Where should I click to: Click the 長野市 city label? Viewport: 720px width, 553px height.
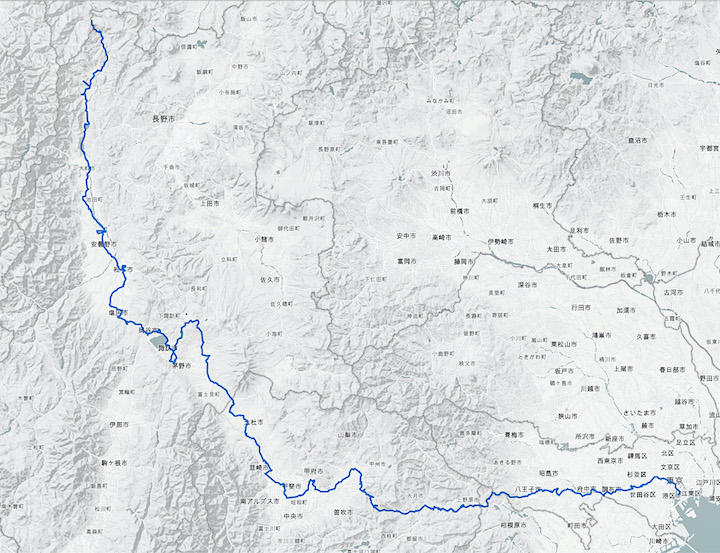coord(162,119)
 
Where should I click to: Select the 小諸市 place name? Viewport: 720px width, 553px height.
coord(264,239)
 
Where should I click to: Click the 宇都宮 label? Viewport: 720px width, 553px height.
coord(708,147)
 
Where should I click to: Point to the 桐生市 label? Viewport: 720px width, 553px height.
coord(544,204)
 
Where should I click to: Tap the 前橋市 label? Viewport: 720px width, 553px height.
coord(459,212)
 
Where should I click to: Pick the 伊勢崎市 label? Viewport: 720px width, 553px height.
coord(505,242)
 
